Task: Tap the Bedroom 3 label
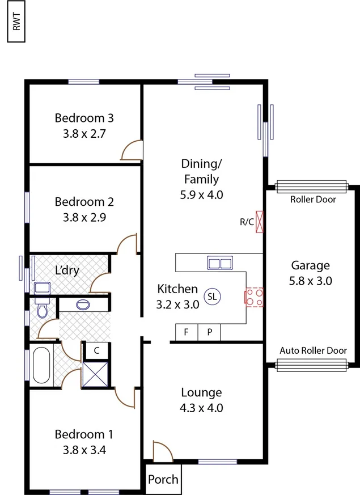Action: click(84, 119)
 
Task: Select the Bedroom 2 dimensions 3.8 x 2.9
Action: click(84, 216)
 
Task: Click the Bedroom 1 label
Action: click(84, 434)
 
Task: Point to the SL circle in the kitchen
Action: click(212, 296)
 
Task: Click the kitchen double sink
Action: click(221, 263)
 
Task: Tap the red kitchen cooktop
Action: click(253, 297)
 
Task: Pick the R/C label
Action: click(247, 222)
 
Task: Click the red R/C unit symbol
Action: click(261, 222)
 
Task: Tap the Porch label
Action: click(163, 480)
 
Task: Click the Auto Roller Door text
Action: click(313, 350)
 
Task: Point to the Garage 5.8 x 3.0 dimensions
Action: click(311, 280)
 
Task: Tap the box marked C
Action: click(96, 350)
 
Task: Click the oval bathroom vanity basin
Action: click(83, 304)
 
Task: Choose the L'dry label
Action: click(67, 270)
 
